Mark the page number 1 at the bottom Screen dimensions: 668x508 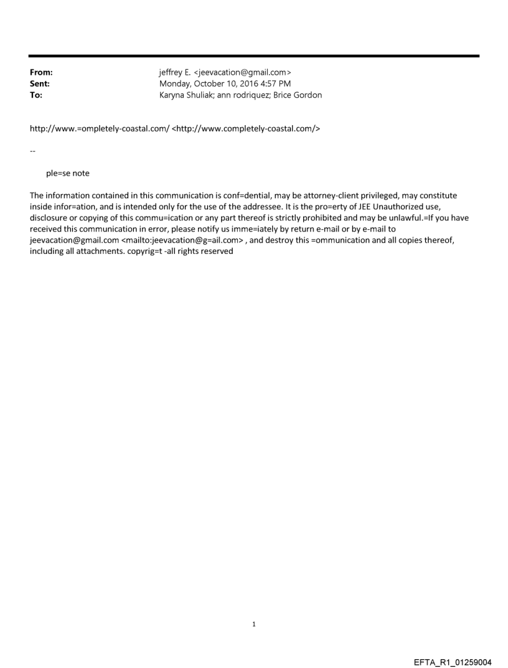pyautogui.click(x=254, y=624)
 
